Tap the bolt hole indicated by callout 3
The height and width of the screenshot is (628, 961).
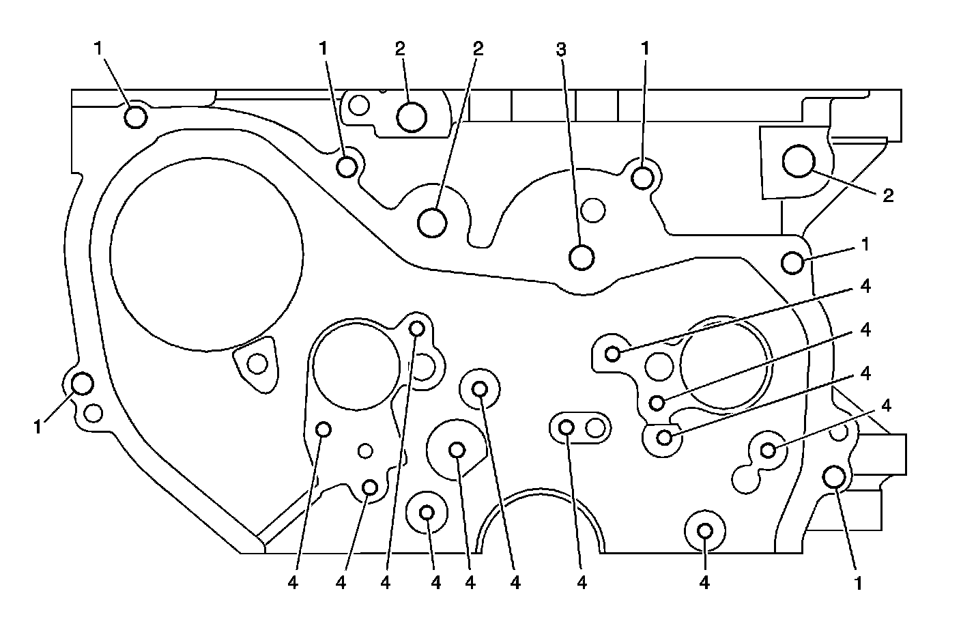click(582, 257)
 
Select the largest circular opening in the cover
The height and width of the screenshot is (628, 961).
click(206, 254)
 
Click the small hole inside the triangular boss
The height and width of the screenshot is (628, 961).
click(257, 364)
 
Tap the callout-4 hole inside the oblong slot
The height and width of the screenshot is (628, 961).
click(566, 428)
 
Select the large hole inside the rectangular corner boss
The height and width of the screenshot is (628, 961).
click(798, 161)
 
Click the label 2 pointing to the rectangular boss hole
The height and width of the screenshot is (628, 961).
click(887, 196)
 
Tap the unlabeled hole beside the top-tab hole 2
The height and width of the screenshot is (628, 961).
click(359, 105)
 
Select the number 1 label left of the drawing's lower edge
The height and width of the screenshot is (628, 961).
click(38, 427)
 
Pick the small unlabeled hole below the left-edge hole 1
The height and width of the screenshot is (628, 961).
click(94, 412)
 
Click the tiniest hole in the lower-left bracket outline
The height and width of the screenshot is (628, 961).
click(366, 451)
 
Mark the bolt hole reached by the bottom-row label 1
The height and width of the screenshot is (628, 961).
click(834, 476)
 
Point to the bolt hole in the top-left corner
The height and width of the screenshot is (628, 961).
click(136, 117)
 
